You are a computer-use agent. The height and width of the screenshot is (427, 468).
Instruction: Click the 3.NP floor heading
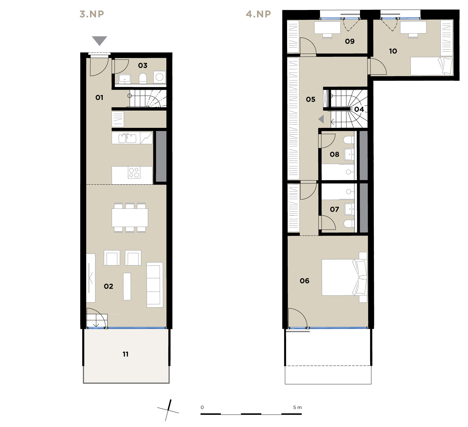(92, 14)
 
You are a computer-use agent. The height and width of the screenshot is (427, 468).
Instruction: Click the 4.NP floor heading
(258, 14)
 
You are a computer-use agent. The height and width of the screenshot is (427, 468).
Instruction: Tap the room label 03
(142, 65)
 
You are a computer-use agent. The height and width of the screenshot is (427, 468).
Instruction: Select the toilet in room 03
(143, 79)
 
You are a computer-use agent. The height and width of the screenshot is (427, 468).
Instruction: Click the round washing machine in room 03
(160, 77)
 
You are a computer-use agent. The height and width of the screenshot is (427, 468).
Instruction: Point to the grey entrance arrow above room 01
(99, 41)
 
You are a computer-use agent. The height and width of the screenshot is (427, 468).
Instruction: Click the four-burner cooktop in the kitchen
(134, 173)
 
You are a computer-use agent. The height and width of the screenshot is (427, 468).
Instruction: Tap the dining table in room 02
(130, 218)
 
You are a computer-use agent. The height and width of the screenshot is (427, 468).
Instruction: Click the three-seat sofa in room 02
(155, 285)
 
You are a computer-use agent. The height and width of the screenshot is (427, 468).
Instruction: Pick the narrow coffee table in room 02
(127, 286)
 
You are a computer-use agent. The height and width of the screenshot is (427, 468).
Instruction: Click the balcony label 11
(125, 354)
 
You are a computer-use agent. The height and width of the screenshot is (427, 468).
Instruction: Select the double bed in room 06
(344, 277)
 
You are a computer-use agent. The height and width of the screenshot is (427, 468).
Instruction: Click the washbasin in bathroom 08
(349, 155)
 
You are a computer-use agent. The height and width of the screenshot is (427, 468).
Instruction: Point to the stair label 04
(359, 109)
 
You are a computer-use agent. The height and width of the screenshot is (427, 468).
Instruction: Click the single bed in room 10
(432, 66)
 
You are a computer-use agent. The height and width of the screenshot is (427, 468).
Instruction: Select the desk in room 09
(327, 28)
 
